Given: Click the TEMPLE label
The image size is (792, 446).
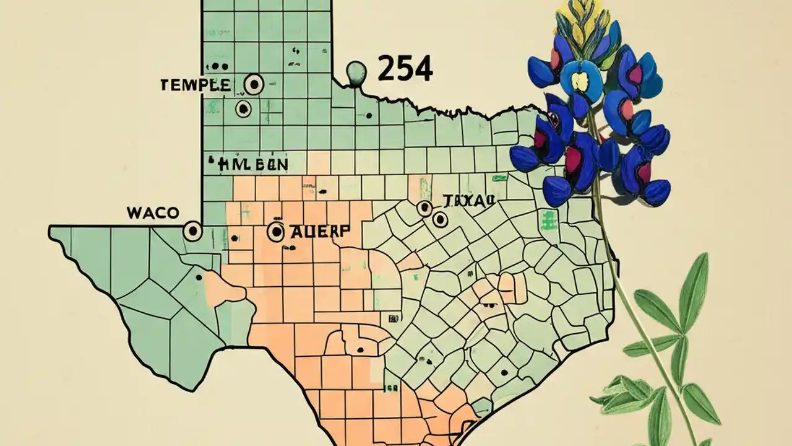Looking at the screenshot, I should click(195, 85).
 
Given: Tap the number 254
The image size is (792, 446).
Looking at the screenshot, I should click(405, 69).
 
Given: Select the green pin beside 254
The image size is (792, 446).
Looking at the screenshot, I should click(356, 72).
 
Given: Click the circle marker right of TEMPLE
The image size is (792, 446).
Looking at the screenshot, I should click(253, 84).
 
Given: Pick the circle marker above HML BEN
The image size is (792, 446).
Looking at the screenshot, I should click(244, 109).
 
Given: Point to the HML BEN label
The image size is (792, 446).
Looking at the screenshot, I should click(253, 165).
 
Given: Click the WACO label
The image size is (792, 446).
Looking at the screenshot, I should click(153, 213).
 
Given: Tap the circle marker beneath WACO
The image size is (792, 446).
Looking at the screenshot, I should click(193, 232).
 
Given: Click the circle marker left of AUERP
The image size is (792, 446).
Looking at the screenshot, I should click(276, 232).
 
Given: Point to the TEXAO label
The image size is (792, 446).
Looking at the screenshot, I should click(468, 200).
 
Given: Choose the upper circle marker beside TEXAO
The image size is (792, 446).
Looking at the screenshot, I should click(424, 208).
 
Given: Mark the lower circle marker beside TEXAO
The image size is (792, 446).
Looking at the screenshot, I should click(440, 219).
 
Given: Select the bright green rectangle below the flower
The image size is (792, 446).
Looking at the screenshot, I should click(547, 219).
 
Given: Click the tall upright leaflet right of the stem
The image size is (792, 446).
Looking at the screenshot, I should click(694, 291).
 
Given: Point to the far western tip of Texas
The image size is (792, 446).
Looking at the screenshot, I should click(51, 232).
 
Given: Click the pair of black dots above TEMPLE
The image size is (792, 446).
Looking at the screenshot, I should click(216, 66).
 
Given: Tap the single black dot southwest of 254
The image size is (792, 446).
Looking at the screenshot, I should click(369, 115).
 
